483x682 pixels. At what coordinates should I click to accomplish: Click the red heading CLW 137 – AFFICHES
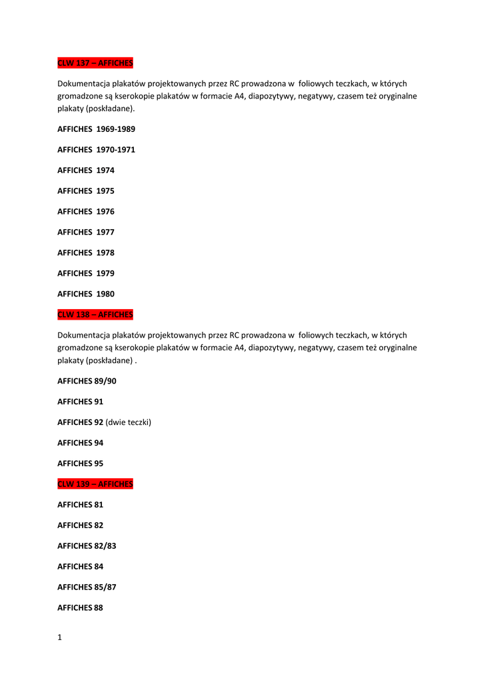tap(95, 63)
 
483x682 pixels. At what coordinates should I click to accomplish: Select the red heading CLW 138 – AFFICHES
tap(95, 314)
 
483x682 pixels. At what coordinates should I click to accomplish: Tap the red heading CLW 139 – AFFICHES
tap(95, 484)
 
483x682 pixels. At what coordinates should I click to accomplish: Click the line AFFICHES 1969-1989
tap(96, 129)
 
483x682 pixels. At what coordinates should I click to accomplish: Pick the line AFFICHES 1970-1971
tap(96, 150)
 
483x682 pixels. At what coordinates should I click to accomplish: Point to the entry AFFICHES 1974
tap(86, 170)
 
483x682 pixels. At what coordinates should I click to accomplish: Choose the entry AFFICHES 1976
tap(86, 212)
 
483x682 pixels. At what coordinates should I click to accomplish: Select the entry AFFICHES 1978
tap(86, 253)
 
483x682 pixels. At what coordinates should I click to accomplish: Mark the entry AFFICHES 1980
tap(86, 294)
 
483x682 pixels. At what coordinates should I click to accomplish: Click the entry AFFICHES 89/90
tap(87, 381)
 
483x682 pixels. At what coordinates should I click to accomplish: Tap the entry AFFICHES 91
tap(80, 402)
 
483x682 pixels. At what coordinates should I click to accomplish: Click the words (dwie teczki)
tap(129, 422)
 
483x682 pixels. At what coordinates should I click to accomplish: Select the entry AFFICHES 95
tap(80, 464)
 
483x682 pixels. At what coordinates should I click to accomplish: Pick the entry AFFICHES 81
tap(80, 505)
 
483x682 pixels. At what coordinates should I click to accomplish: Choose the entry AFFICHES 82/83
tap(87, 546)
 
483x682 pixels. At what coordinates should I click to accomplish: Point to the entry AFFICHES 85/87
tap(87, 587)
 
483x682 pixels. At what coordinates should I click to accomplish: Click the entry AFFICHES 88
tap(80, 608)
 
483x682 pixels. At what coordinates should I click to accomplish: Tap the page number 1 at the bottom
tap(59, 637)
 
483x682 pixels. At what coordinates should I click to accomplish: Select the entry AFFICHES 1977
tap(86, 232)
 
